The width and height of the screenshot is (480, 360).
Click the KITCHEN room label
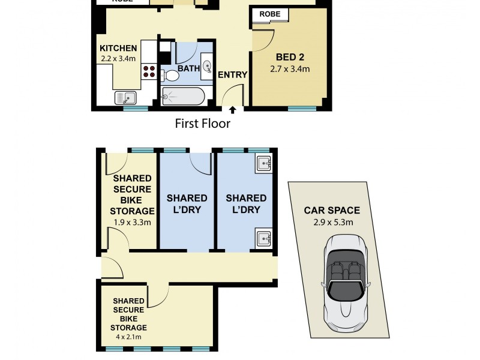(x=118, y=49)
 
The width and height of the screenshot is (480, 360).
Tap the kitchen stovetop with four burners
(x=149, y=71)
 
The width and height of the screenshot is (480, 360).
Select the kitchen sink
(x=125, y=98)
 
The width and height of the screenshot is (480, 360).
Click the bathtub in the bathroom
(x=183, y=97)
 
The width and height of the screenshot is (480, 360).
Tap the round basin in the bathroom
(x=207, y=66)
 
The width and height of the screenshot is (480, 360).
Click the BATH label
(x=188, y=68)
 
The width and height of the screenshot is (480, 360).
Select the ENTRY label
(x=233, y=74)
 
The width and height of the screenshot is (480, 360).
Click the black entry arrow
(x=233, y=110)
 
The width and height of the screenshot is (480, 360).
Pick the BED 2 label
(x=290, y=57)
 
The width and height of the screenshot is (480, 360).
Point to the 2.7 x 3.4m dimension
(x=290, y=69)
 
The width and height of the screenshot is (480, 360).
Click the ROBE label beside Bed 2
(x=269, y=14)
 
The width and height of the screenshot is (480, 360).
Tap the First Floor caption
(x=203, y=124)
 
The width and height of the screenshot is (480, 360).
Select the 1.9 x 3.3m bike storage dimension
(x=132, y=223)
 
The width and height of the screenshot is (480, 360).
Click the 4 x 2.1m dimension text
(x=128, y=337)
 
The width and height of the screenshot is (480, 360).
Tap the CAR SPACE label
(x=332, y=211)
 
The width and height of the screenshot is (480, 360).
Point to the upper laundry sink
(x=263, y=163)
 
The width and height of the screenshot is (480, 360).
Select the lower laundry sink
(x=263, y=238)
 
